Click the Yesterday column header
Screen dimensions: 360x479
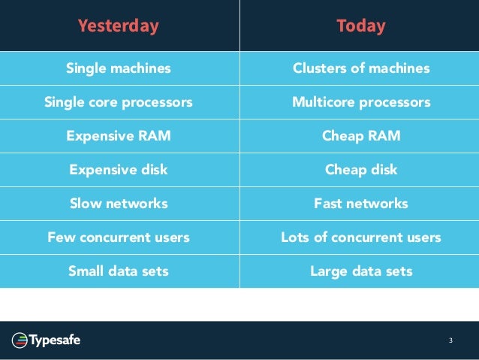tap(119, 26)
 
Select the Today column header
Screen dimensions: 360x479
tap(360, 26)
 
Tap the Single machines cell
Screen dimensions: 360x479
tap(119, 68)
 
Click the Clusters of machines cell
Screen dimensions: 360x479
tap(360, 68)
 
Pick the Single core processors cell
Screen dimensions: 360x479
tap(119, 102)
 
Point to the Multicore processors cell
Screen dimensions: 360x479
tap(360, 102)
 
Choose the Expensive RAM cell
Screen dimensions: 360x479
tap(119, 136)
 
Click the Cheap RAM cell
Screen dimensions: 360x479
tap(360, 136)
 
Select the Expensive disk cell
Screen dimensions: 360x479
tap(119, 170)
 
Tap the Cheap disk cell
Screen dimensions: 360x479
tap(360, 170)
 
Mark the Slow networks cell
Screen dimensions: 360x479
tap(119, 204)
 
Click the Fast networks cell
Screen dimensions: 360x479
tap(360, 204)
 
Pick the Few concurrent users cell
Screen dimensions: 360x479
tap(119, 237)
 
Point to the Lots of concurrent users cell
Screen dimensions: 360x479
tap(360, 237)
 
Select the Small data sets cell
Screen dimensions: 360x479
tap(119, 271)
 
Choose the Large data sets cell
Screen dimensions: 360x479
tap(360, 271)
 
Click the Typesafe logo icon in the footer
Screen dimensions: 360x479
tap(20, 341)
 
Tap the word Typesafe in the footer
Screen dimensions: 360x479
tap(55, 341)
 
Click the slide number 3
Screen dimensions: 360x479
tap(450, 341)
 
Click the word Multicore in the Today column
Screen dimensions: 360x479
tap(318, 102)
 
